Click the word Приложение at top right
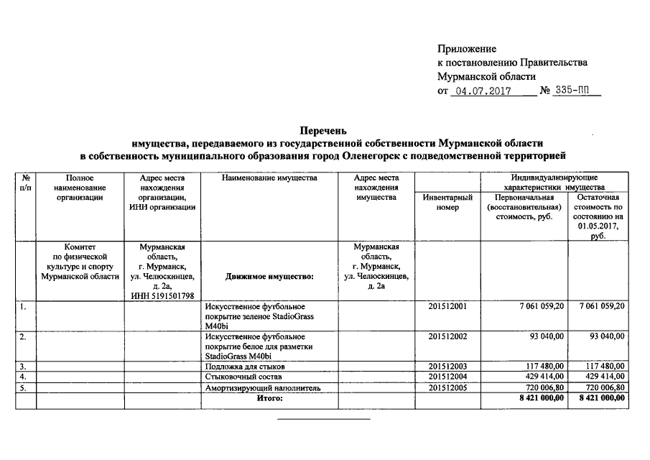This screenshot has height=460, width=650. [x=467, y=49]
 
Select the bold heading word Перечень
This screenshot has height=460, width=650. [x=324, y=131]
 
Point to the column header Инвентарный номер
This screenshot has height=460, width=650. [x=447, y=202]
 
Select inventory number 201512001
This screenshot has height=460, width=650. [x=447, y=307]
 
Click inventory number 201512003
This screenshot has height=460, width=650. [x=447, y=367]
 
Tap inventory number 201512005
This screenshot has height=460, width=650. [x=447, y=388]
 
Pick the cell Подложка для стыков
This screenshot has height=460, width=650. [x=241, y=367]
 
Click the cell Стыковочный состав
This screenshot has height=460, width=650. [x=238, y=377]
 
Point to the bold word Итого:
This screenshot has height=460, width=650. [x=270, y=399]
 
